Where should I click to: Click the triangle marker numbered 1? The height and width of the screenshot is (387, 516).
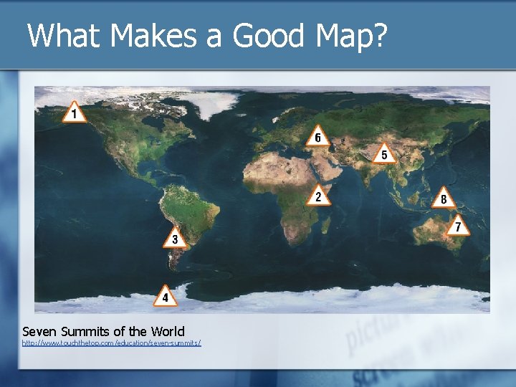pos(73,113)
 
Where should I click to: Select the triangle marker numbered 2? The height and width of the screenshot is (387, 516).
pos(319,196)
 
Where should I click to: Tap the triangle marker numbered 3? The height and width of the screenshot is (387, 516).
pos(174,239)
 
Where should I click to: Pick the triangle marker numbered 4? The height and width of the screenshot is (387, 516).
pos(166,296)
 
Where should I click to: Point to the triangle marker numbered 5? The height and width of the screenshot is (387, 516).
pos(384,154)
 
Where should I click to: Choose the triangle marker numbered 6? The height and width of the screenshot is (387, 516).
pos(318,137)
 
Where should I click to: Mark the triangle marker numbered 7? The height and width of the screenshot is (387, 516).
pos(459,226)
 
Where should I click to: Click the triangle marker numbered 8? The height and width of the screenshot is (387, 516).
pos(444,199)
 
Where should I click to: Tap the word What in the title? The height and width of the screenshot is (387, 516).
pos(62,36)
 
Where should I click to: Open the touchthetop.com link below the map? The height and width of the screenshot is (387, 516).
pos(111,343)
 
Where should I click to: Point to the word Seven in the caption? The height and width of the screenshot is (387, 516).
pos(39,331)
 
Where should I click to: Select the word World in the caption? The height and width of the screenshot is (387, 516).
pos(166,331)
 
